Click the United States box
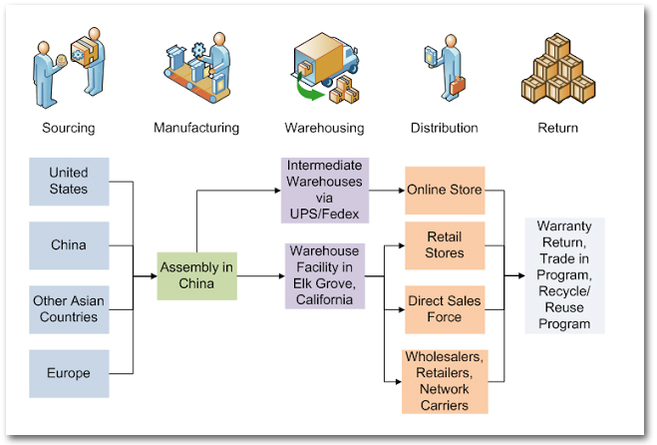69,181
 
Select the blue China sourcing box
69,245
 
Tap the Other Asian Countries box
69,309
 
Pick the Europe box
69,373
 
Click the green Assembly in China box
197,275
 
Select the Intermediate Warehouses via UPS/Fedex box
326,190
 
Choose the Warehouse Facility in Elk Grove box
326,275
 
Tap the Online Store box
445,190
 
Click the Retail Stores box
445,245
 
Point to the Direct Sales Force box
445,308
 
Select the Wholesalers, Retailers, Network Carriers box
445,380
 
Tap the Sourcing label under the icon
69,128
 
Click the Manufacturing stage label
196,128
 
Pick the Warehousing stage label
324,128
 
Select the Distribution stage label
445,128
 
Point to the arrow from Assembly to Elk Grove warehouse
261,275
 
